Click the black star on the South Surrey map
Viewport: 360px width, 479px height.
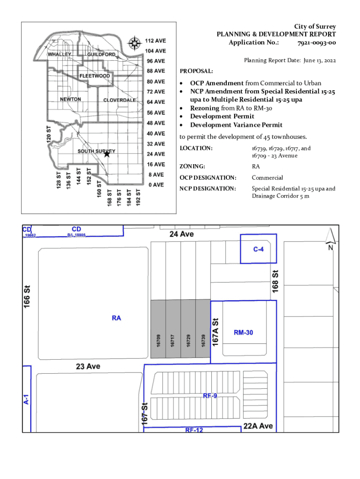click(x=107, y=153)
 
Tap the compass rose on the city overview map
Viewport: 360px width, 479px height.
click(x=135, y=44)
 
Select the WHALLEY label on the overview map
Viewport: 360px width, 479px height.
click(x=60, y=54)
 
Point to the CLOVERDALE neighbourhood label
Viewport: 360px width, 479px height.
click(x=120, y=100)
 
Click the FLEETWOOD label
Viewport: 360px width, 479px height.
click(x=95, y=76)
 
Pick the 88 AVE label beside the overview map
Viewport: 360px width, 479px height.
click(x=155, y=71)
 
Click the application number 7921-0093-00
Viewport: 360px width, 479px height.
click(x=317, y=43)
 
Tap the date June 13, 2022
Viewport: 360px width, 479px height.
click(x=320, y=60)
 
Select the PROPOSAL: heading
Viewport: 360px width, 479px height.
click(x=196, y=71)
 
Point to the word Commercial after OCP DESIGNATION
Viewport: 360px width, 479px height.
click(x=267, y=178)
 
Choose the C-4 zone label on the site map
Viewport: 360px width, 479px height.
click(x=259, y=249)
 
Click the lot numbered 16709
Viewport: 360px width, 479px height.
click(x=158, y=340)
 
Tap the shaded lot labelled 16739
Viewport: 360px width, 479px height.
click(x=203, y=340)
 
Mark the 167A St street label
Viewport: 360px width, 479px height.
click(x=216, y=332)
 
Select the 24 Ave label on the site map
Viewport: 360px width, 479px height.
click(x=182, y=234)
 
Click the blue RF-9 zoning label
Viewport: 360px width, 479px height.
click(x=210, y=396)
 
